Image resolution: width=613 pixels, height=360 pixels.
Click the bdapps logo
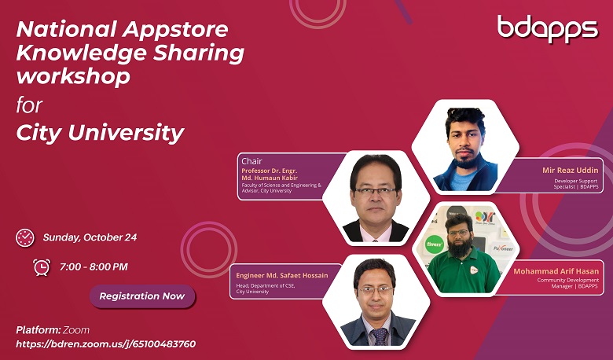coord(547,28)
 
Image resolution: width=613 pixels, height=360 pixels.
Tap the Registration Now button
coord(142,296)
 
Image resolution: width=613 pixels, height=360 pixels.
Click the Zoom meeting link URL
coord(106,344)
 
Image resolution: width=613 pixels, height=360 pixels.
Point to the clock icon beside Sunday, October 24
coord(25,237)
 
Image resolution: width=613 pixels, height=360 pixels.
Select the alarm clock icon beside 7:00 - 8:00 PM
coord(42,267)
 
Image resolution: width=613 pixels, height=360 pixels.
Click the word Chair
coord(251,161)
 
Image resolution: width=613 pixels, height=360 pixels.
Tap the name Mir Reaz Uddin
coord(570,171)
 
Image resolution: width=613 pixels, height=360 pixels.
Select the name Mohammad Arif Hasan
coord(556,271)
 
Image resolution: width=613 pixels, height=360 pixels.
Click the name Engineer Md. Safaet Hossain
coord(282,276)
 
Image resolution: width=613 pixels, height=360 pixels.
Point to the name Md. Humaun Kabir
coord(270,178)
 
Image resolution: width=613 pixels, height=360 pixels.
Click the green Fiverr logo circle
coord(435,244)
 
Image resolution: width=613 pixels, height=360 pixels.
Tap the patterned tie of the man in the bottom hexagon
coord(379,336)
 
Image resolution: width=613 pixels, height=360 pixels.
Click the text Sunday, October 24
coord(90,237)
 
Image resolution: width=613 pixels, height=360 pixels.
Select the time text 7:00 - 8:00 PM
coord(94,267)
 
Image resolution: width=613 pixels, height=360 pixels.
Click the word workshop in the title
coord(73,75)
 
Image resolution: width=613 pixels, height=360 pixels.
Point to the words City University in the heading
coord(100,133)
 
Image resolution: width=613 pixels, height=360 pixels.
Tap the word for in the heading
coord(29,105)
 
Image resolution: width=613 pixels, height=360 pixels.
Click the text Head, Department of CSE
coord(266,286)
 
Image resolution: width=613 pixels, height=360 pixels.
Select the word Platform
coord(38,330)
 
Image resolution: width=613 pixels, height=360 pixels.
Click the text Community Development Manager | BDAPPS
coord(567,283)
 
